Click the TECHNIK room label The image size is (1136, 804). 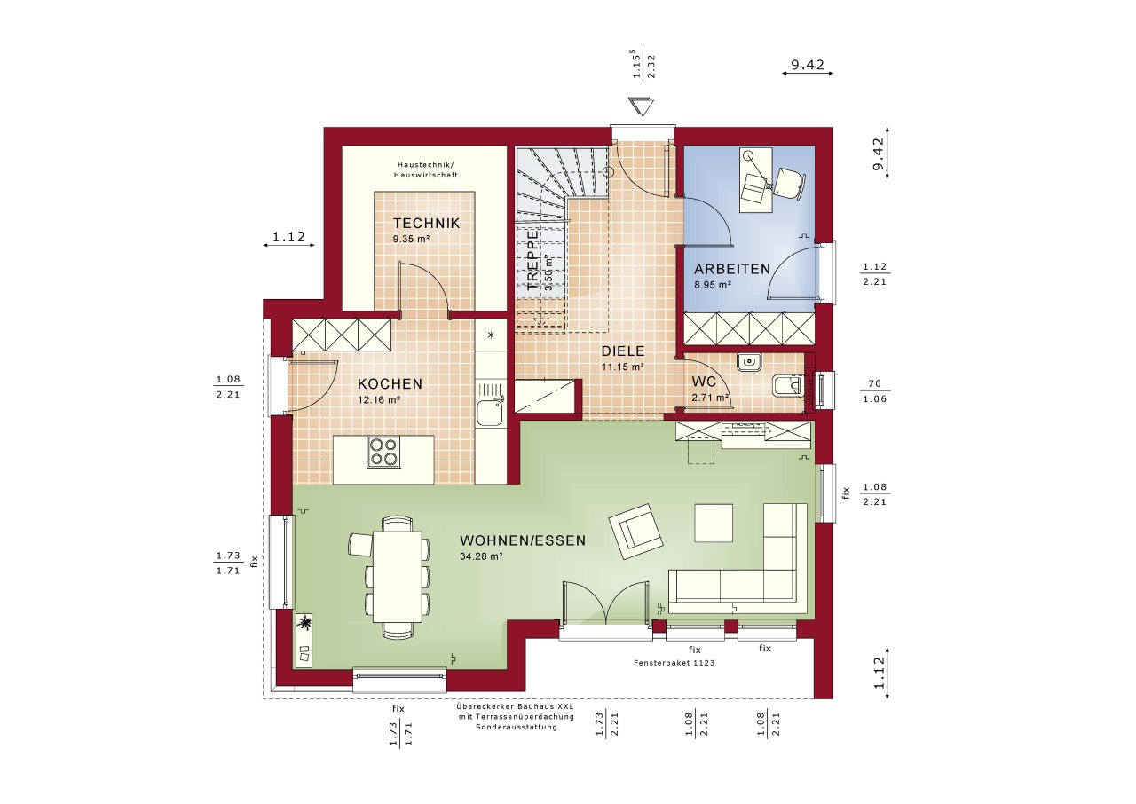click(x=427, y=224)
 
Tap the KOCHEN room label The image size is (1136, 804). click(x=390, y=384)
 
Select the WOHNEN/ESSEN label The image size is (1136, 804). click(x=522, y=540)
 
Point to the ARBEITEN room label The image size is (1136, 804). click(x=732, y=269)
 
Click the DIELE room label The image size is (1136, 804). click(x=621, y=351)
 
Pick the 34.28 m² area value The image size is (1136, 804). click(x=481, y=556)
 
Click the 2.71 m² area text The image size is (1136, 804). click(x=710, y=398)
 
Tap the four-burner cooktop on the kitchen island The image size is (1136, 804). click(x=383, y=453)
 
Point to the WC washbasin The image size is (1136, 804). click(x=750, y=361)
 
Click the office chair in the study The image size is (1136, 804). click(x=789, y=182)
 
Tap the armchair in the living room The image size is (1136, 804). click(x=637, y=530)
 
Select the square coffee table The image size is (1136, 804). click(x=714, y=522)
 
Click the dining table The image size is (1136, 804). click(x=397, y=576)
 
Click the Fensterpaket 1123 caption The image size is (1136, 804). click(x=674, y=663)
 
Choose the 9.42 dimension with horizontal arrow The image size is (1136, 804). click(x=808, y=65)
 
